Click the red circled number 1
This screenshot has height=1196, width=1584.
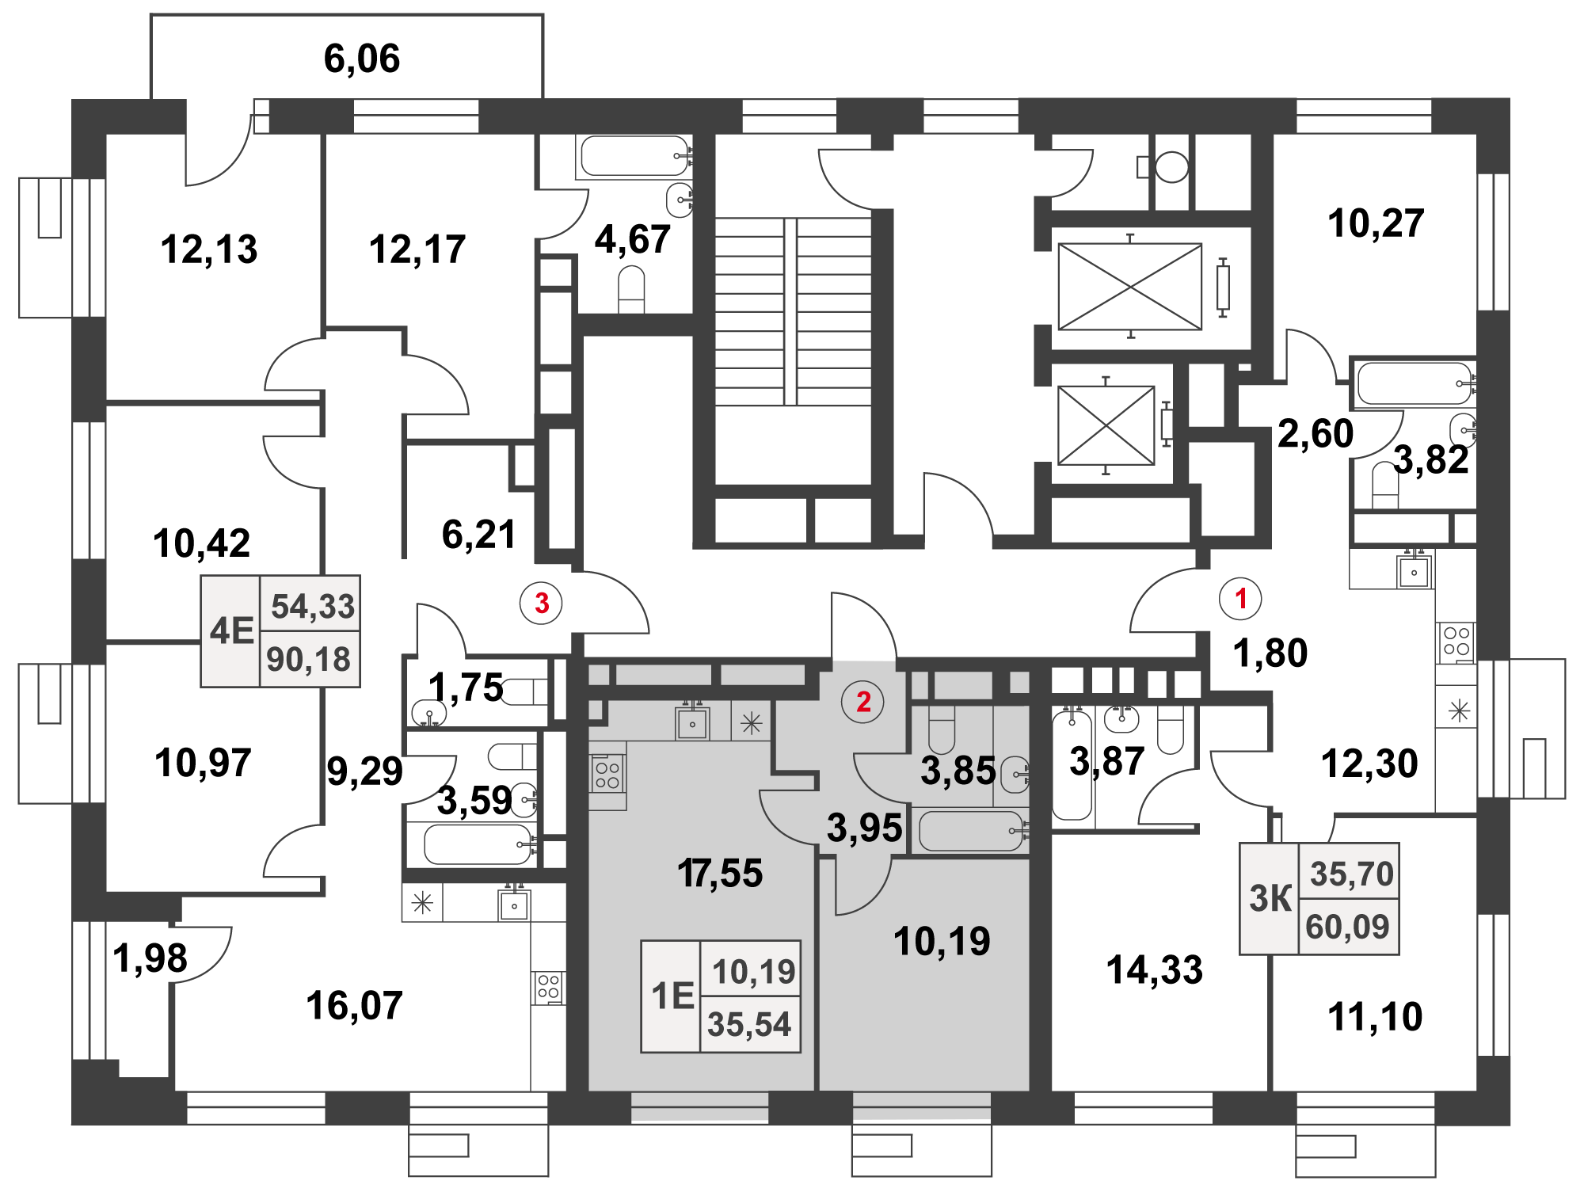[x=1240, y=599]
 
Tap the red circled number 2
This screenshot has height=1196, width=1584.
[x=863, y=702]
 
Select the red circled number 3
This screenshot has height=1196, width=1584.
[x=542, y=604]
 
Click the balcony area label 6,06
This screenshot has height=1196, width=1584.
[x=362, y=59]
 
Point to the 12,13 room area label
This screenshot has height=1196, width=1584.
[x=209, y=249]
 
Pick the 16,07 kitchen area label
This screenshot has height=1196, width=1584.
[x=354, y=1006]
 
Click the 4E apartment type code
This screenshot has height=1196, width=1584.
[x=231, y=631]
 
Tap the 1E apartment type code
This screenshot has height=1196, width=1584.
[x=672, y=996]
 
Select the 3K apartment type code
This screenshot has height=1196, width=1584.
[x=1270, y=899]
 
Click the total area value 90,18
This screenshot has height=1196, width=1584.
[x=309, y=659]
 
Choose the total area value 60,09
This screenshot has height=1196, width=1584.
[x=1348, y=927]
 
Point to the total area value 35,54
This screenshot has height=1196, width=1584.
[x=749, y=1025]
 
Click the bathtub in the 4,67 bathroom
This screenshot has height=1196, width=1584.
[x=634, y=156]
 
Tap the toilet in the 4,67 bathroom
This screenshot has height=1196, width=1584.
[x=631, y=289]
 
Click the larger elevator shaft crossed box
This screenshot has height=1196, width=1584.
[x=1130, y=287]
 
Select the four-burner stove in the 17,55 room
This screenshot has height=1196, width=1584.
[x=607, y=775]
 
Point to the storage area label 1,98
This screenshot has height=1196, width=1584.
[x=150, y=958]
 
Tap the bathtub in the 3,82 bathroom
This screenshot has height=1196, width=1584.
[x=1413, y=383]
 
